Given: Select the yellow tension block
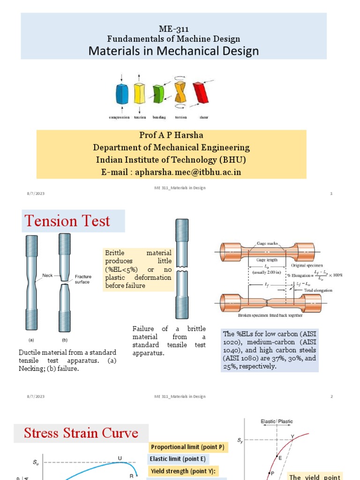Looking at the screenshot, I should point(140,93).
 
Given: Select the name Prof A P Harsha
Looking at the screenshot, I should point(171,135).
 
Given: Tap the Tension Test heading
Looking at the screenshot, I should point(67,221).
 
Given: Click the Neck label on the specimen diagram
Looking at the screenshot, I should point(48,276).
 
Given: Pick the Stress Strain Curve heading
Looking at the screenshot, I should point(81,433).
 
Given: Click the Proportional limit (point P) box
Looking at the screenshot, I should point(187,447).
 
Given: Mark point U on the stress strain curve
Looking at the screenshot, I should point(120,458).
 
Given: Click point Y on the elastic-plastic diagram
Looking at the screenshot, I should point(292,437).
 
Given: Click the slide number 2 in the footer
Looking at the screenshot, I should point(331,397).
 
